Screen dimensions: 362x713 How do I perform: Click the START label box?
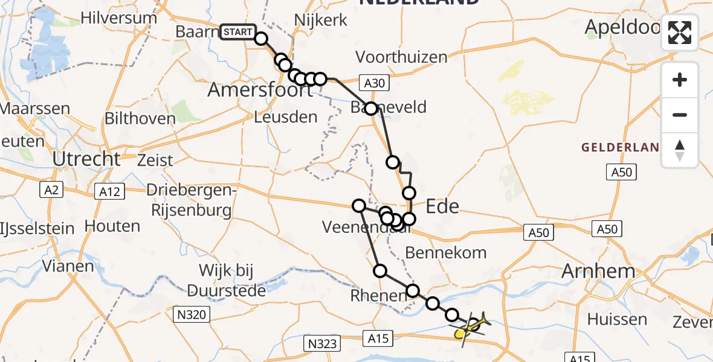[238, 32]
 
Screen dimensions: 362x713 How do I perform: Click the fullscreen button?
[680, 33]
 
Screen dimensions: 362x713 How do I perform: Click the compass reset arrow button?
[680, 150]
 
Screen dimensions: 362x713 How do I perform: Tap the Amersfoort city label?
[260, 91]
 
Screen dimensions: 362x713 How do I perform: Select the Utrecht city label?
[87, 159]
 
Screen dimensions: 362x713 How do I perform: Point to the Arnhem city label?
[598, 271]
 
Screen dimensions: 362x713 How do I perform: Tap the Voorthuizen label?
[402, 57]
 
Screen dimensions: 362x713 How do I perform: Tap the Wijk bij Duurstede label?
[227, 280]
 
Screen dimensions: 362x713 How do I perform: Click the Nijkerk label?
[321, 20]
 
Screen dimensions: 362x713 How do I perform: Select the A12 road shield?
[109, 191]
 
